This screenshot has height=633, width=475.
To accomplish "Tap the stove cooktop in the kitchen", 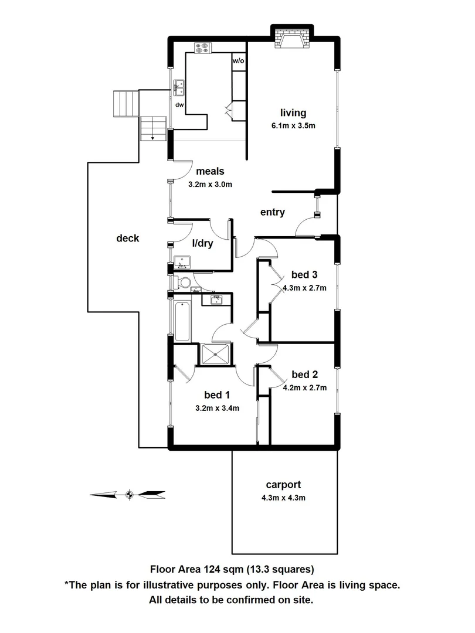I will [203, 48].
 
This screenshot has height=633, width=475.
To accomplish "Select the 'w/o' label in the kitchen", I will [238, 61].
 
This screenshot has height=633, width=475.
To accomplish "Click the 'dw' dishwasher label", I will [179, 105].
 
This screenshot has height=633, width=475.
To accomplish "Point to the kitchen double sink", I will [179, 88].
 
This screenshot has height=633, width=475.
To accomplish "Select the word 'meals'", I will [210, 172].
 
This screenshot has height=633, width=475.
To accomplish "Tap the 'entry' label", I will [273, 212].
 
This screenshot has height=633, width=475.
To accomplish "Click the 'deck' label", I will [127, 238].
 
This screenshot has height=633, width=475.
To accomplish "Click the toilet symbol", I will [183, 283].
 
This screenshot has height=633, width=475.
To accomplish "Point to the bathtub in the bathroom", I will [182, 321].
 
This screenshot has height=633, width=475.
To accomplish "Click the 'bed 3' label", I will [304, 275].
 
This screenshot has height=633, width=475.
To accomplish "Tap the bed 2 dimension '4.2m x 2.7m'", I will [304, 387].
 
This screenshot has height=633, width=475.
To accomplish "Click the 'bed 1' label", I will [216, 395].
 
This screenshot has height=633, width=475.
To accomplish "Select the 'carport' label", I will [283, 485].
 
